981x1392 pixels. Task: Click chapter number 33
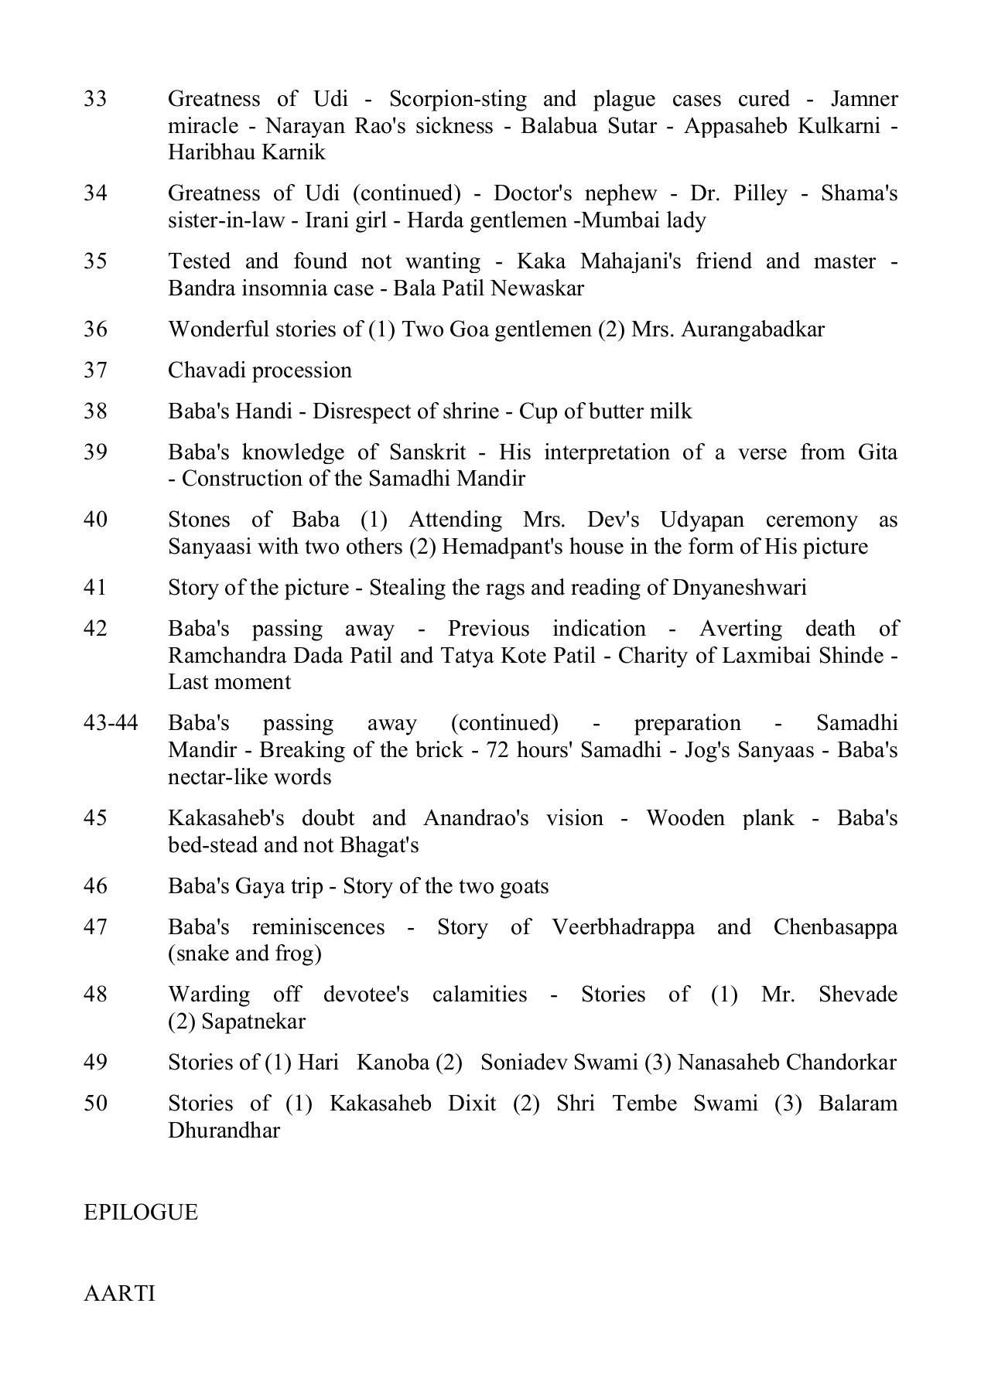(x=95, y=99)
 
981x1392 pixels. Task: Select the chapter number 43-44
(x=111, y=723)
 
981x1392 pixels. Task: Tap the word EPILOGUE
(x=141, y=1212)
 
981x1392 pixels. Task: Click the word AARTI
(x=119, y=1293)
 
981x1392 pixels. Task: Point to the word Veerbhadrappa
(x=623, y=926)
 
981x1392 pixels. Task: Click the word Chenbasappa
(x=835, y=926)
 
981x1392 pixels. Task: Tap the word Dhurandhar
(x=224, y=1131)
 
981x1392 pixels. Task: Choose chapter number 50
(x=95, y=1104)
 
